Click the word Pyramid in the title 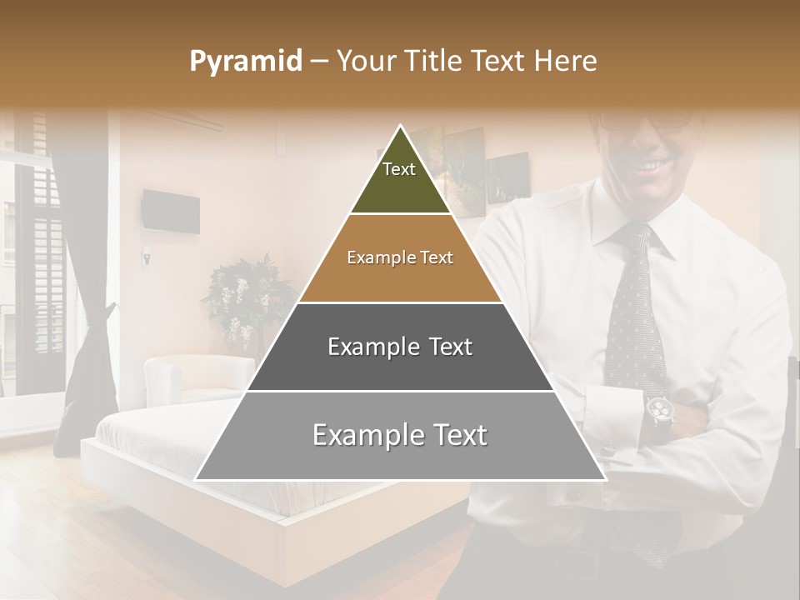click(245, 62)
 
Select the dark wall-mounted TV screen click(170, 211)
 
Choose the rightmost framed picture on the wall click(507, 177)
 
